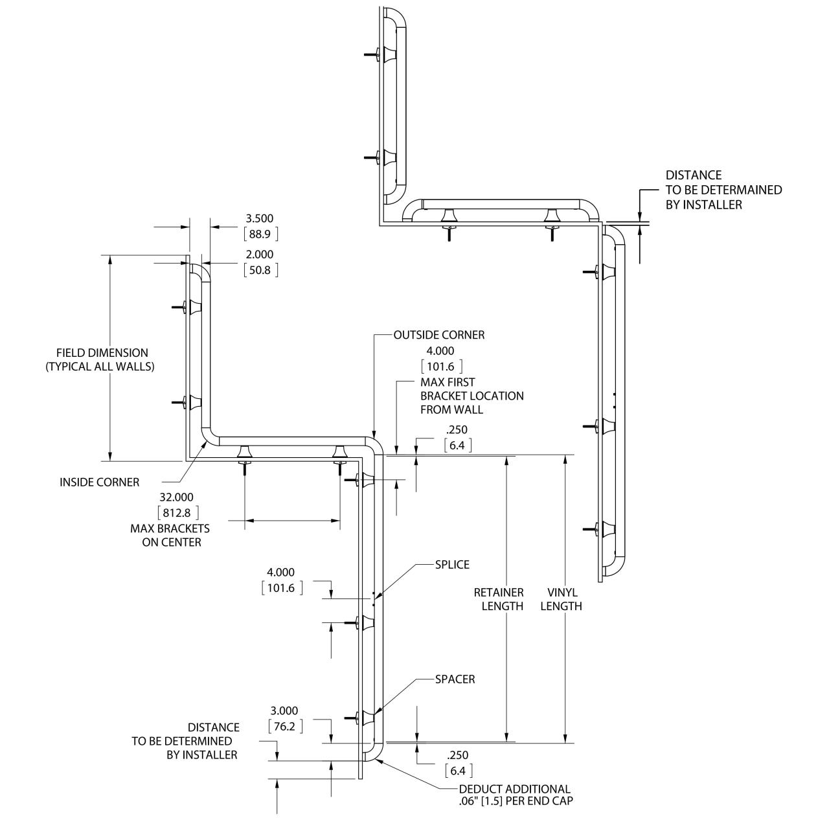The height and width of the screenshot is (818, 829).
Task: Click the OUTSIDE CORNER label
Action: click(x=439, y=335)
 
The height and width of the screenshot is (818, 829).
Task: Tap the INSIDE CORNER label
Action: click(x=99, y=482)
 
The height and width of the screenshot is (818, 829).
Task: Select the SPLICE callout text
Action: click(x=452, y=565)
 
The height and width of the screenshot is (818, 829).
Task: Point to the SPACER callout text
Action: click(x=455, y=679)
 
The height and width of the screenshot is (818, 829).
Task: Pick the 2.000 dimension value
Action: click(x=260, y=255)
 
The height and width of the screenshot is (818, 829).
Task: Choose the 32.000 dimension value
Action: click(x=176, y=497)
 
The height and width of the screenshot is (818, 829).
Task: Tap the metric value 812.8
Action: click(x=176, y=513)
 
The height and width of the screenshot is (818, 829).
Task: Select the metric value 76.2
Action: click(x=284, y=727)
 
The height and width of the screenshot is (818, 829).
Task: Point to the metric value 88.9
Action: click(x=260, y=234)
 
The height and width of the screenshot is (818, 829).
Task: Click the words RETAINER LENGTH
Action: click(x=499, y=599)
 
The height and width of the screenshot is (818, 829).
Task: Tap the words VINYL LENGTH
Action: click(x=561, y=599)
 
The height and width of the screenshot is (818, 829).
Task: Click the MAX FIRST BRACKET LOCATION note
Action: click(x=471, y=396)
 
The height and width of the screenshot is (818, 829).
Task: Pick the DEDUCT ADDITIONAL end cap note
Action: click(x=516, y=795)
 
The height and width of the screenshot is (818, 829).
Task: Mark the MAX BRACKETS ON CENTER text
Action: click(x=170, y=535)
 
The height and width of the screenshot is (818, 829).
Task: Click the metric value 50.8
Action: click(x=260, y=270)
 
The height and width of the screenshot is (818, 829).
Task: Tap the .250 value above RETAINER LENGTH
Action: click(x=457, y=430)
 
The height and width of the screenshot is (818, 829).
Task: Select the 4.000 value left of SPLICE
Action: click(x=281, y=573)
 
